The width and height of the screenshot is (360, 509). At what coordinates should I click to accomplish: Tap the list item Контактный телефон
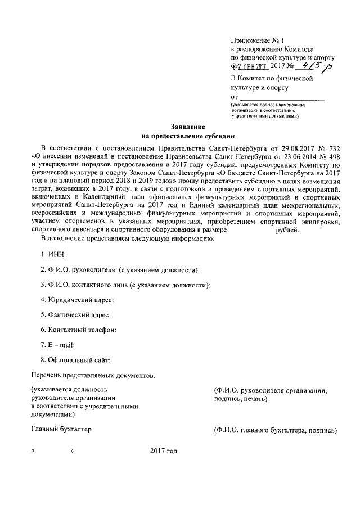point(79,329)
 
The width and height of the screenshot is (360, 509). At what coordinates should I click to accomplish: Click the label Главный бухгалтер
point(61,430)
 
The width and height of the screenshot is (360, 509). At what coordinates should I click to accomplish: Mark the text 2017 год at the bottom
point(164,451)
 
